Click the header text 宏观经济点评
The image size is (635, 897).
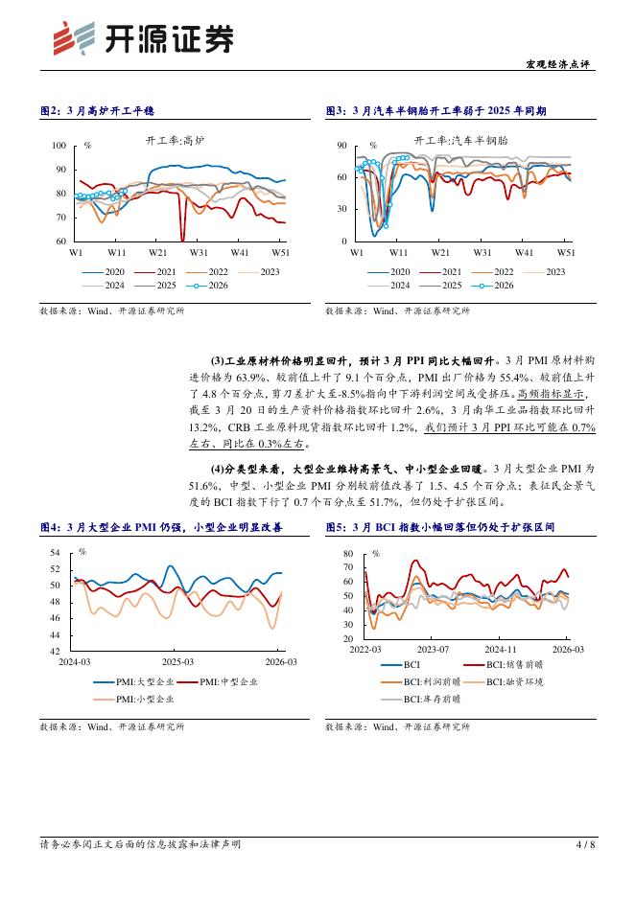coord(562,65)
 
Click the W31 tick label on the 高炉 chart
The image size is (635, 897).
coord(199,252)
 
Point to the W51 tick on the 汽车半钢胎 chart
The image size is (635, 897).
coord(566,252)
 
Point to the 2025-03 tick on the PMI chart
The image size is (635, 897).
coord(177,661)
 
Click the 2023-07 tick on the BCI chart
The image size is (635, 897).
coord(433,649)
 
